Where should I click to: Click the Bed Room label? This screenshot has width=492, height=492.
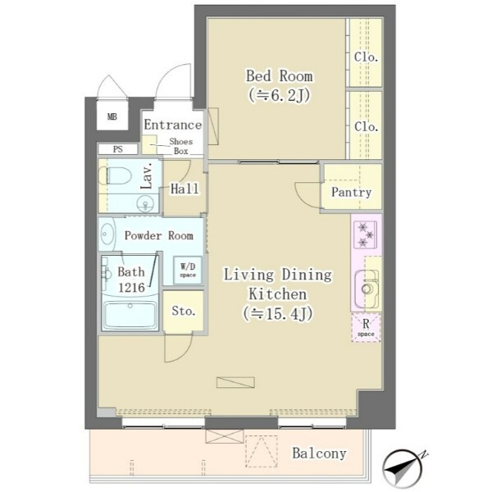coord(280,76)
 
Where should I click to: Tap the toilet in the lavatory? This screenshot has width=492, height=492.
coord(115,175)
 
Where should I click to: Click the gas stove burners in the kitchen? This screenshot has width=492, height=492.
coord(365,235)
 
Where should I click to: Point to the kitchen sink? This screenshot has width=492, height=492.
coord(367,289)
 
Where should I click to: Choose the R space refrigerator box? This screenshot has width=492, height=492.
coord(366,327)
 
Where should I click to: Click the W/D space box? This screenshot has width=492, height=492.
coord(188,270)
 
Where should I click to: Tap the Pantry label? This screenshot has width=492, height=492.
coord(352,192)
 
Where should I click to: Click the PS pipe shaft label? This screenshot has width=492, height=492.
coord(117,149)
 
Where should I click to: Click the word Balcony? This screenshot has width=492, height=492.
coord(319,453)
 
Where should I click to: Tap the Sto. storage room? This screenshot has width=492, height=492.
coord(183,312)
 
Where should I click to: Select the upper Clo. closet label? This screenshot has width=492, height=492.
coord(366,57)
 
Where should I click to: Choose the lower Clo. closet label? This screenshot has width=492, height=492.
coord(366,127)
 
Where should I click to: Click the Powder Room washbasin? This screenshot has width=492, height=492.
coord(107,234)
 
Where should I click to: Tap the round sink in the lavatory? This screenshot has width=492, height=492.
coord(145,204)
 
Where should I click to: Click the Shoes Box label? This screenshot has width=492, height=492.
coord(181,146)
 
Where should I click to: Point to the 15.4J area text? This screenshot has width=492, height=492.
coord(278,314)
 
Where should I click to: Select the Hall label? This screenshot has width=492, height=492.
coord(184,189)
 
